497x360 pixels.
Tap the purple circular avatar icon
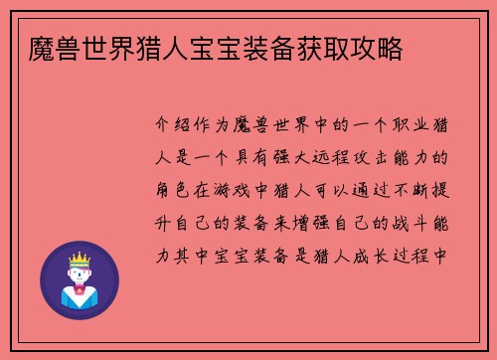point(79,280)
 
